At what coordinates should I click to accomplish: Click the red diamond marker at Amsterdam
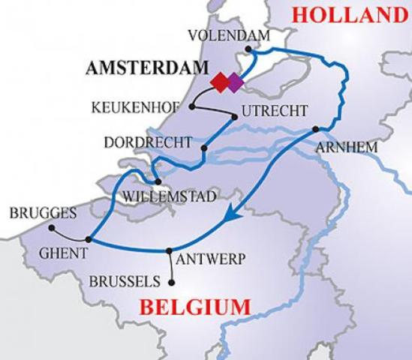coord(221,80)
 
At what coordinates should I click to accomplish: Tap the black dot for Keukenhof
coord(192,106)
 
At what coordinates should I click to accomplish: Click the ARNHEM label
coord(346,148)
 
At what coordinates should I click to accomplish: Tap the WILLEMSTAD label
coord(165,196)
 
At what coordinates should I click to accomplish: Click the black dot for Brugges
coord(52,227)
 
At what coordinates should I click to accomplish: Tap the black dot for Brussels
coord(173,283)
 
